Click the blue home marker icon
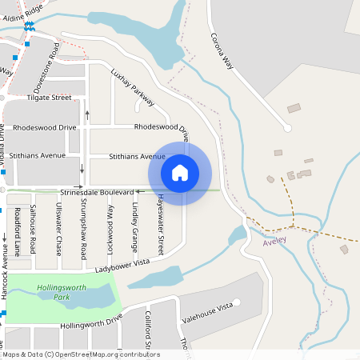click(x=180, y=172)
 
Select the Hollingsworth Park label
click(x=58, y=292)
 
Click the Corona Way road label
click(x=227, y=54)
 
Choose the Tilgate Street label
click(x=49, y=98)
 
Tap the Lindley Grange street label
click(x=135, y=223)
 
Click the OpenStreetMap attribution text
click(x=81, y=354)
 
